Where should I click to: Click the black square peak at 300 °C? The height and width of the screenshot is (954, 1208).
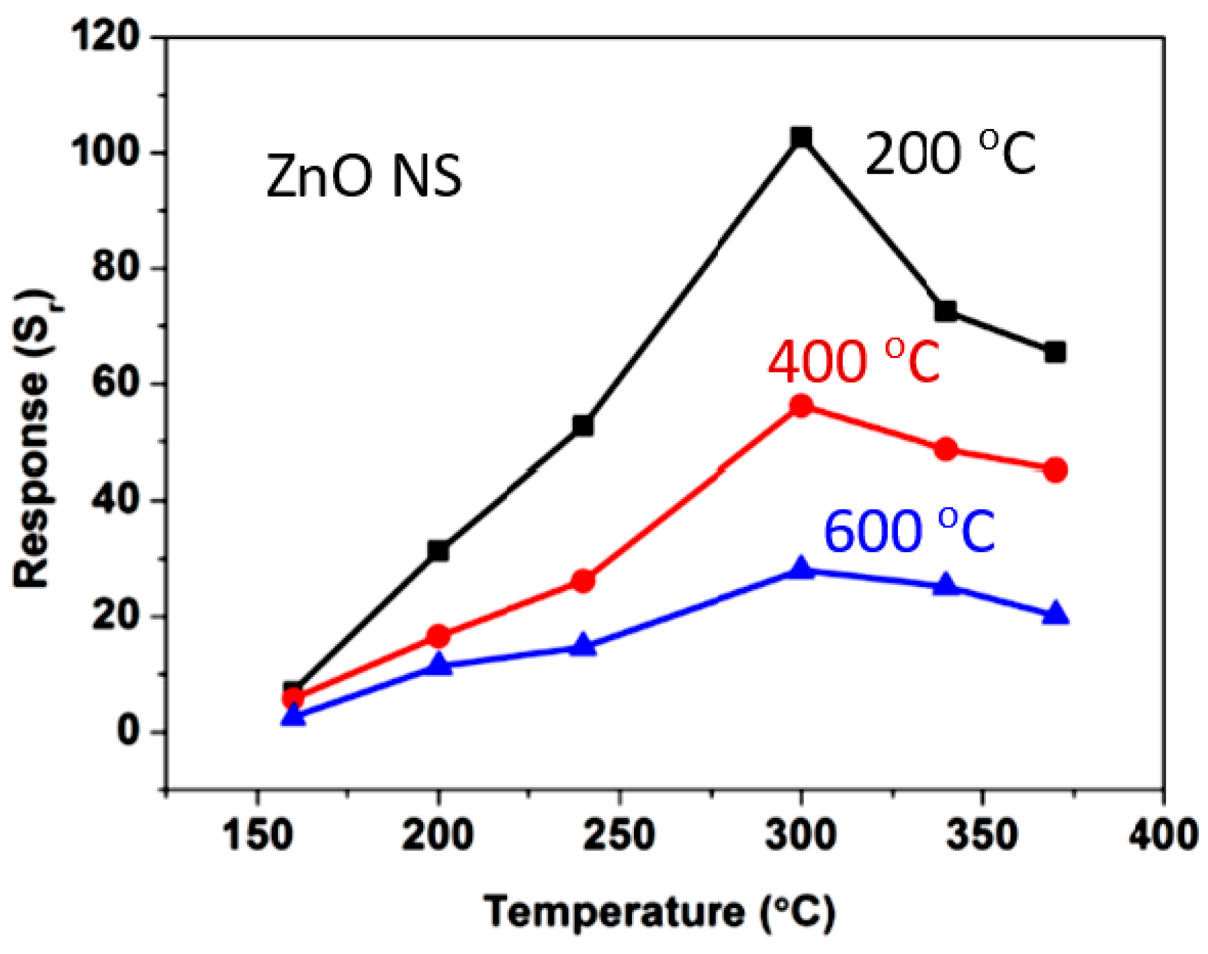(801, 137)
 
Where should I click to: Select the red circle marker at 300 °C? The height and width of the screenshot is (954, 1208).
(801, 405)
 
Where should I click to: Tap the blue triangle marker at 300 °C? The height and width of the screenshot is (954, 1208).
(801, 569)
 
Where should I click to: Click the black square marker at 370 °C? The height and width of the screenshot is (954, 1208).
(1055, 352)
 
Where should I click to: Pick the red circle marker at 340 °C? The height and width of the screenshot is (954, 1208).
(946, 449)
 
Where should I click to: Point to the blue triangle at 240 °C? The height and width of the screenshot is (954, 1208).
(583, 646)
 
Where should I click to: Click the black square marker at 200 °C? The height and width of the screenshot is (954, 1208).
(438, 551)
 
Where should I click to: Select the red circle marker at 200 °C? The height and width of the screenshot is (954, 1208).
(438, 636)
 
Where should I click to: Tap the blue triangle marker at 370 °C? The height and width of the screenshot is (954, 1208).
(1055, 614)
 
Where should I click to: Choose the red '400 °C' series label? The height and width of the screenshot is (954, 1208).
(853, 362)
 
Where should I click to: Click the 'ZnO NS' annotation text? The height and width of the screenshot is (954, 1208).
(364, 177)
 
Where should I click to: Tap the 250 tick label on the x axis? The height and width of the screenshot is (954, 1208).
(619, 834)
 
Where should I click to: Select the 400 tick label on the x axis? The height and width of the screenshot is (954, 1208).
(1163, 834)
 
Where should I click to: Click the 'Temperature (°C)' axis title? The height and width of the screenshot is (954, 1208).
(659, 912)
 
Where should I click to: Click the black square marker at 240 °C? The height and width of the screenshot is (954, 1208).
(583, 425)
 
